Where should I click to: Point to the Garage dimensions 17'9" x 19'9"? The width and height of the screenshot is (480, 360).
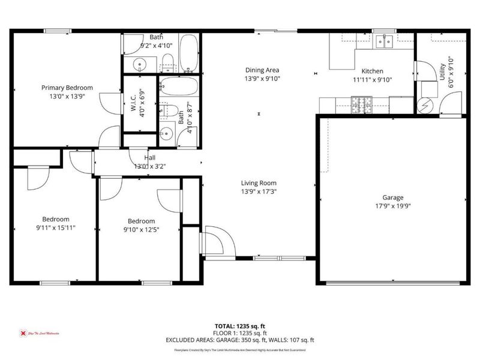(x=393, y=205)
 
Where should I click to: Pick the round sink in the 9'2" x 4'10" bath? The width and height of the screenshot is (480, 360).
(x=139, y=63)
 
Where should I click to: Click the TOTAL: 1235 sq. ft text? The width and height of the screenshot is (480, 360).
(x=240, y=326)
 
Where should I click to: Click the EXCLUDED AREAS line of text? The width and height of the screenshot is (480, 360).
(x=240, y=340)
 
